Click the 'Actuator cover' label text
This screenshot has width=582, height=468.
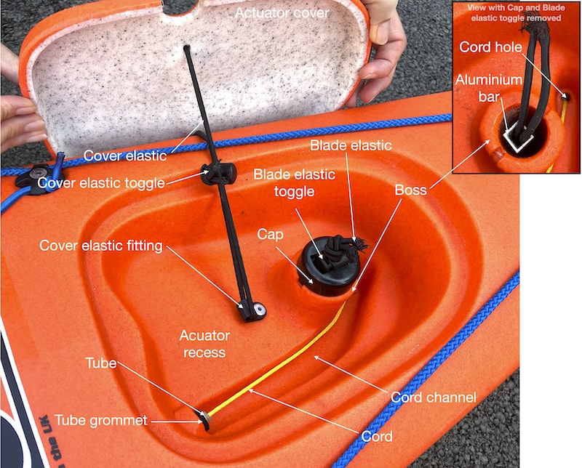click(282, 13)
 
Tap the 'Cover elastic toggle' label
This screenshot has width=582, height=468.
click(101, 183)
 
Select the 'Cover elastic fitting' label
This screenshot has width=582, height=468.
click(101, 246)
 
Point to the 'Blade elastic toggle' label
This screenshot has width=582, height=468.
click(295, 183)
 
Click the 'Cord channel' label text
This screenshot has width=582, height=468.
click(433, 398)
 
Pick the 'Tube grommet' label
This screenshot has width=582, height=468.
click(101, 420)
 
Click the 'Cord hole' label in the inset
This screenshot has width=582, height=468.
click(490, 47)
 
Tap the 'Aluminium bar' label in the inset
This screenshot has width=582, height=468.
click(489, 88)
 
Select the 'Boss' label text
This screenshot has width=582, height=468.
click(410, 190)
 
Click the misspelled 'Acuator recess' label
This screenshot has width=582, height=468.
click(204, 344)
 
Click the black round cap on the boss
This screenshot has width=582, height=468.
click(327, 267)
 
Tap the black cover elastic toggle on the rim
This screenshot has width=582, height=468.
click(218, 173)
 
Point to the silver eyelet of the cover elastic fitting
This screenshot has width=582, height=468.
click(260, 309)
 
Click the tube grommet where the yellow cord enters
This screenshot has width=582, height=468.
click(205, 419)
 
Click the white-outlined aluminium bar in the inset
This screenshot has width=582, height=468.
click(519, 141)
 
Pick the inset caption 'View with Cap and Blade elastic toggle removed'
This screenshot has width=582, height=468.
click(516, 12)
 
